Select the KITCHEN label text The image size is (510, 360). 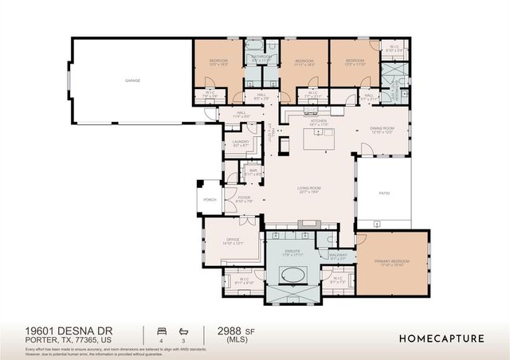pyautogui.click(x=318, y=122)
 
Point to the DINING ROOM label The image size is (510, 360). pyautogui.click(x=382, y=129)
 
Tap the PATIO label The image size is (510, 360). pyautogui.click(x=383, y=192)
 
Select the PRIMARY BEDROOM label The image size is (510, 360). pyautogui.click(x=393, y=260)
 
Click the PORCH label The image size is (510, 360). pyautogui.click(x=210, y=200)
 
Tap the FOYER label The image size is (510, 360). pyautogui.click(x=243, y=198)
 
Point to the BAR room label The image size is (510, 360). pyautogui.click(x=253, y=170)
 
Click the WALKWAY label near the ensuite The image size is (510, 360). pyautogui.click(x=338, y=256)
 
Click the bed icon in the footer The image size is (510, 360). pyautogui.click(x=163, y=330)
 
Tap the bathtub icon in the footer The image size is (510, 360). pyautogui.click(x=184, y=330)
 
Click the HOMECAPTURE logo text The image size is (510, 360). pyautogui.click(x=442, y=338)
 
